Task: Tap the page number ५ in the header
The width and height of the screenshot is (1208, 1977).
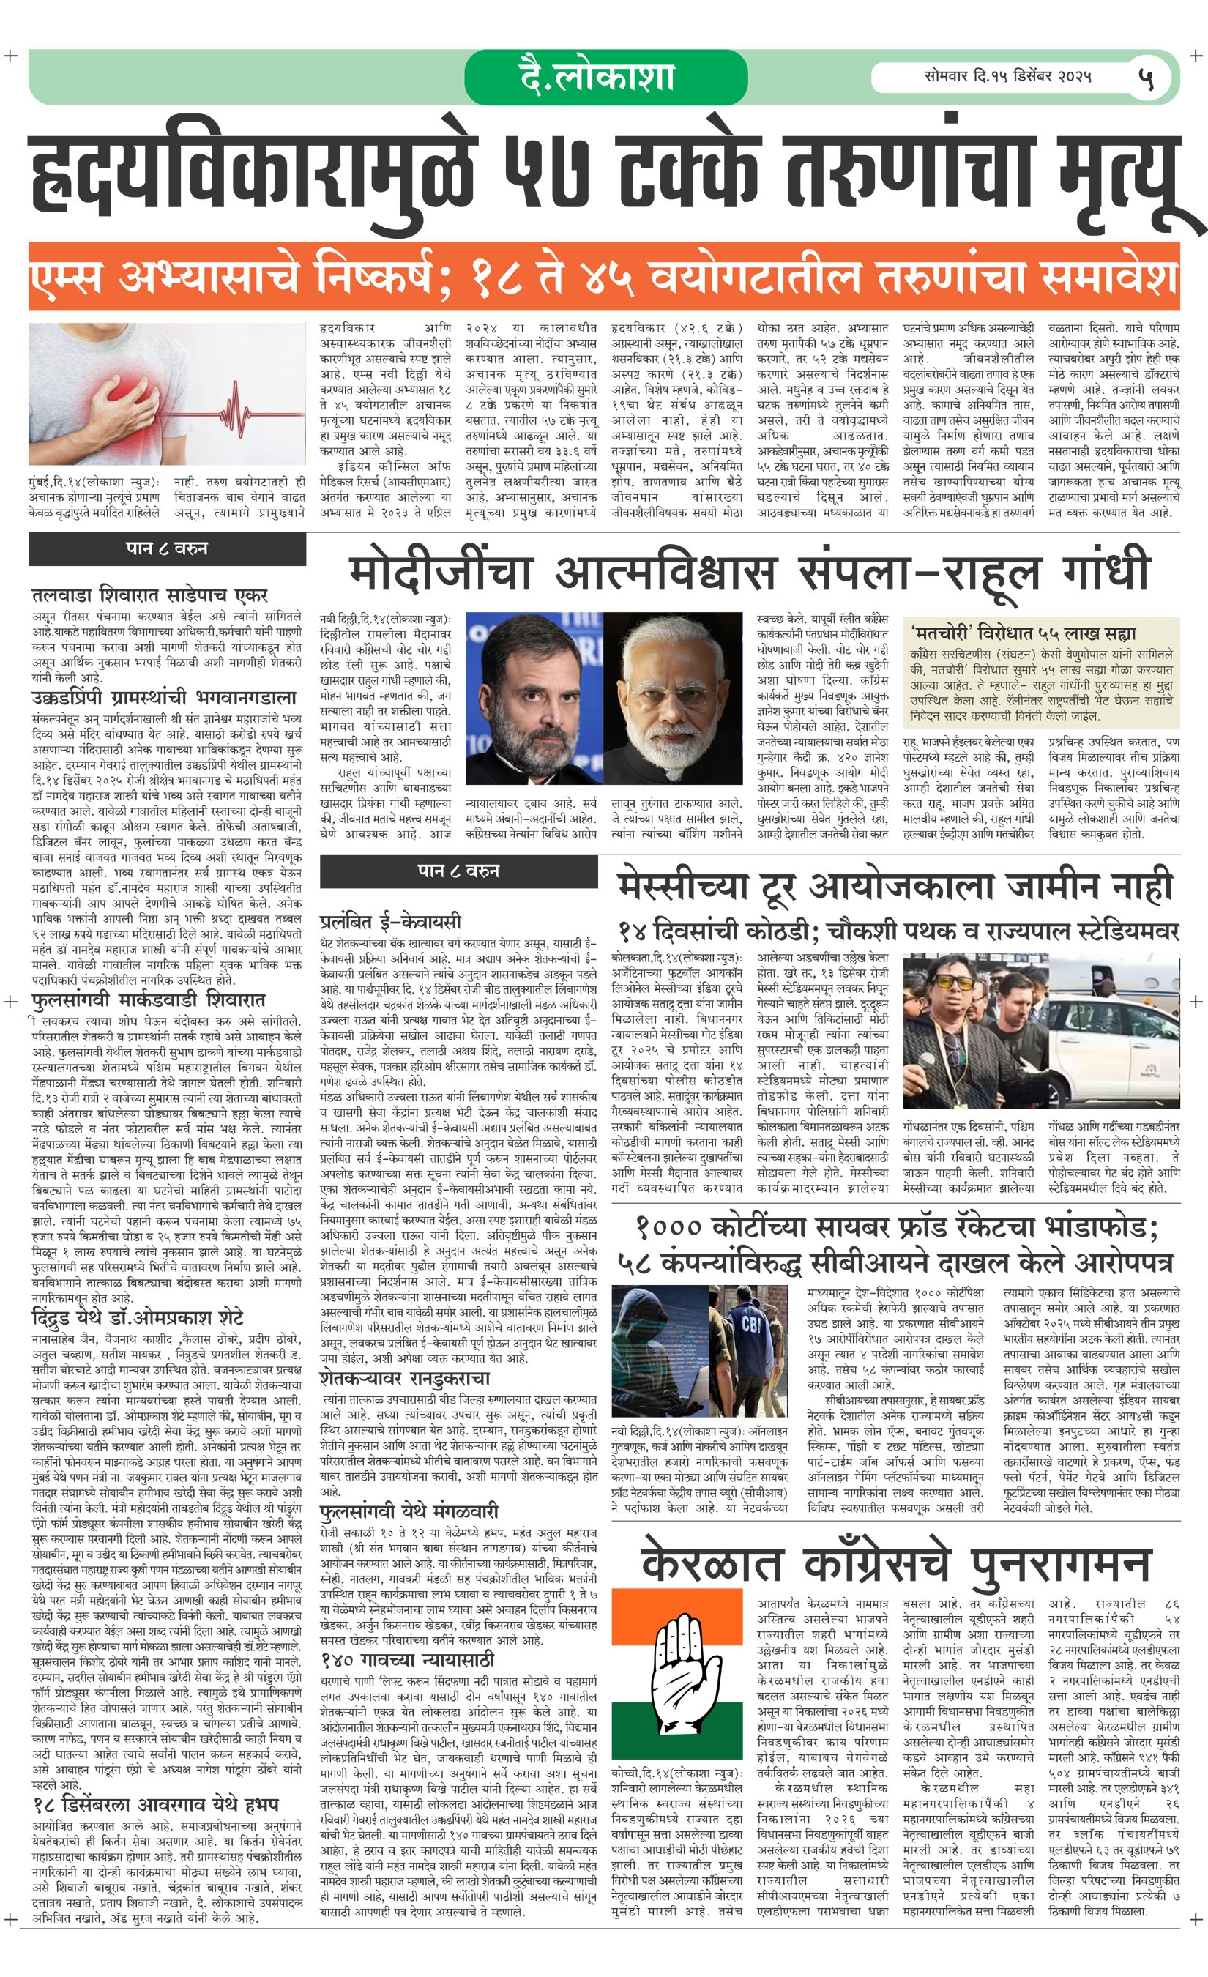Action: coord(1147,78)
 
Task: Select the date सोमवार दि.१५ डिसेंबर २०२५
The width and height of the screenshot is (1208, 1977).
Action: coord(1007,77)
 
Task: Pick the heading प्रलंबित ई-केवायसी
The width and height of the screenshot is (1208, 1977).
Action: coord(389,921)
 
